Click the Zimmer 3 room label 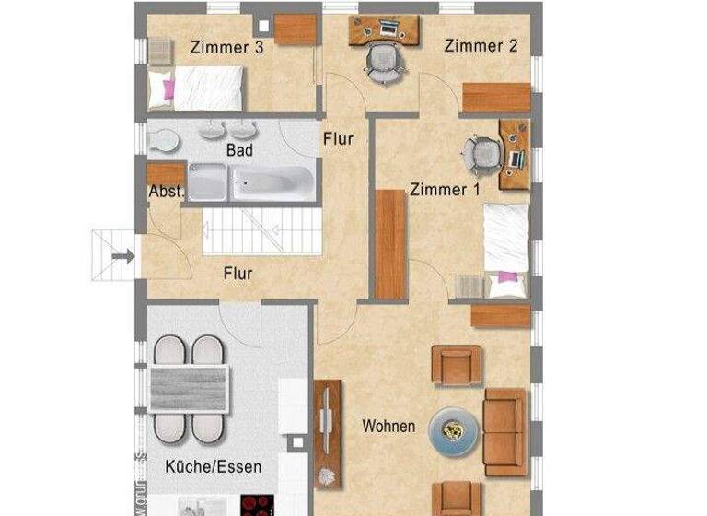pos(227,48)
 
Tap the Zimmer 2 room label pos(481,46)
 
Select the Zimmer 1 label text pos(445,190)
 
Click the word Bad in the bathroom pos(239,149)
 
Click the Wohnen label pos(388,427)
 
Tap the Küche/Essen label pos(213,467)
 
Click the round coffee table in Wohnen pos(453,429)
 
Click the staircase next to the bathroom pos(261,230)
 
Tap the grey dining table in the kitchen pos(188,387)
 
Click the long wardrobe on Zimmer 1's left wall pos(391,244)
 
